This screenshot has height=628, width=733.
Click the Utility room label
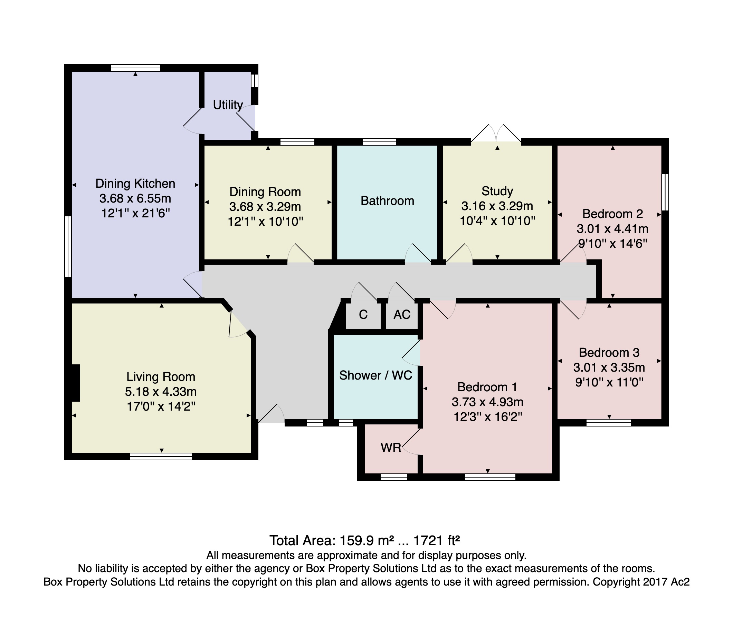[x=228, y=105]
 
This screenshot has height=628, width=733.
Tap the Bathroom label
[x=387, y=201]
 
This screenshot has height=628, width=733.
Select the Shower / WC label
[x=376, y=375]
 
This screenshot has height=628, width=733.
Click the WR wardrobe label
[x=391, y=448]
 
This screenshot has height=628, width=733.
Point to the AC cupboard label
[x=402, y=314]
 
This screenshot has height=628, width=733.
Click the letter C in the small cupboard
[x=363, y=314]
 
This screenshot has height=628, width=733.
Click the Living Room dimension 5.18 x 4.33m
[x=161, y=392]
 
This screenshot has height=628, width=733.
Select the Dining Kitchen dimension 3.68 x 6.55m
[x=135, y=198]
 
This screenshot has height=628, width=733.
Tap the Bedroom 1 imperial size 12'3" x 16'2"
[x=488, y=417]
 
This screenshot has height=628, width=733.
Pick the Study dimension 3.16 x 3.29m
[x=497, y=206]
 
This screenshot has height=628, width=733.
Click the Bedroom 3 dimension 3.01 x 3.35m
[x=609, y=367]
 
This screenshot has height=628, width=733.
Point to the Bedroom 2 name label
[x=613, y=214]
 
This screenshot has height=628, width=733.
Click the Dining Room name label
[x=265, y=192]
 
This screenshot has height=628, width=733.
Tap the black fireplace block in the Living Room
[x=75, y=383]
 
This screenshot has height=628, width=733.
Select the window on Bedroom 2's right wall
[x=665, y=192]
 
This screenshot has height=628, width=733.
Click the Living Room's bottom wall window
[x=161, y=456]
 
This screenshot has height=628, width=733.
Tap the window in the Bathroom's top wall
[x=379, y=142]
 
